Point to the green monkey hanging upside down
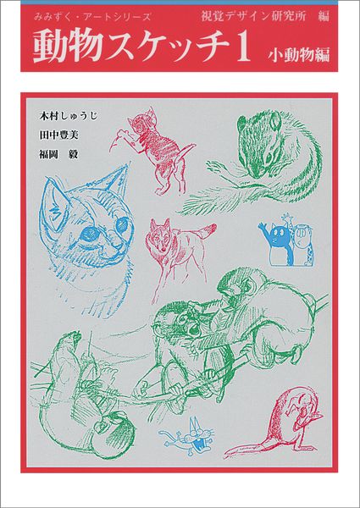point(68,381)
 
